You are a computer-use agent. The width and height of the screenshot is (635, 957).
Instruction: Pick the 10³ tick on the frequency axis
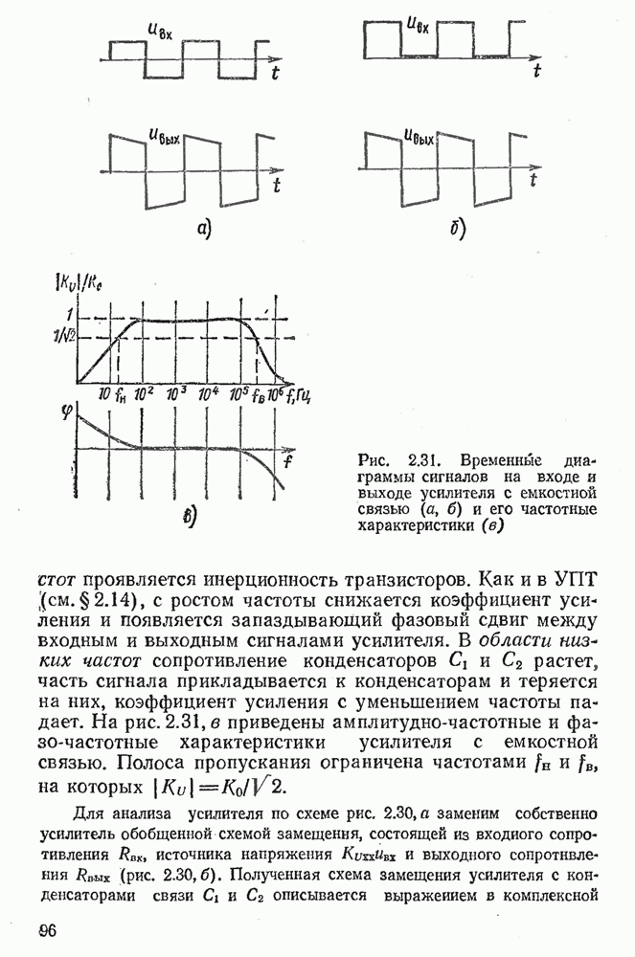(x=176, y=393)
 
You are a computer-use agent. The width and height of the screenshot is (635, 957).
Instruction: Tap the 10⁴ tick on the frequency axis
(x=208, y=393)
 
